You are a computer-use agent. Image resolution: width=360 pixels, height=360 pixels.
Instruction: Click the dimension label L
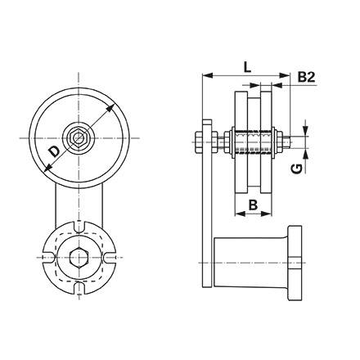click(247, 67)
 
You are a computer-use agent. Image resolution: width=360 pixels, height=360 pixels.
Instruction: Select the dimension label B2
click(306, 77)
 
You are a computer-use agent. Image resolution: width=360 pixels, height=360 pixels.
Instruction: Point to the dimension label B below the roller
click(253, 205)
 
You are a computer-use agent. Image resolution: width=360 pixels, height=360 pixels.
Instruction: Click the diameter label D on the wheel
click(56, 151)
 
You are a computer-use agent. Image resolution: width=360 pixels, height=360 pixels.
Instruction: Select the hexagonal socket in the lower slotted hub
click(79, 257)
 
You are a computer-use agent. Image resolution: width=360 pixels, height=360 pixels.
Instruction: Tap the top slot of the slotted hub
click(79, 227)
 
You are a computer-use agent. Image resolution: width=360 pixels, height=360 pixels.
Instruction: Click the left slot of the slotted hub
click(48, 257)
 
